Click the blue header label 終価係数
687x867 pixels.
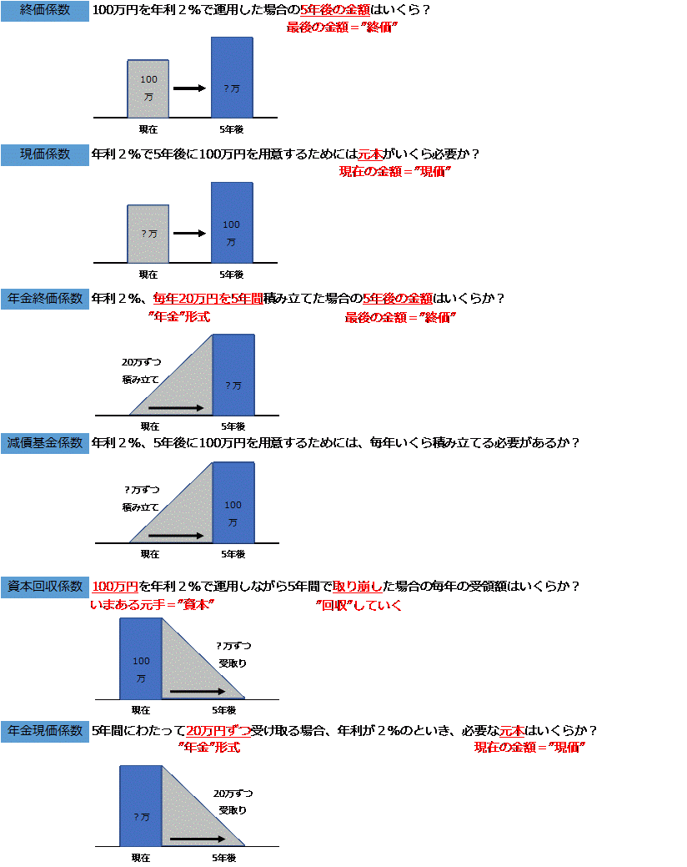45,11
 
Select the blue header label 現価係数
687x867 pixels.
45,154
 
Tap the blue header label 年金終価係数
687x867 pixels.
45,299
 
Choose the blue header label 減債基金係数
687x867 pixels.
45,443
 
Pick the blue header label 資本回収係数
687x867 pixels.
45,587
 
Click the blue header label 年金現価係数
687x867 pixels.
45,731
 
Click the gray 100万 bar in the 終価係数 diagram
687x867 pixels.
148,89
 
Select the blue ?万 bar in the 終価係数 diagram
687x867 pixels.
232,78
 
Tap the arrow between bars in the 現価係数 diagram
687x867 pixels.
189,234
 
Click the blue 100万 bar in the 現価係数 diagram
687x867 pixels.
232,223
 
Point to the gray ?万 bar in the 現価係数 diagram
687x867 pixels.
148,234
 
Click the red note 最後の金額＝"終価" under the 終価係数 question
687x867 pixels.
342,27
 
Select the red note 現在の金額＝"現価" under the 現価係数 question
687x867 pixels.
395,171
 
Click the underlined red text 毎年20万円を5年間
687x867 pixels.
208,299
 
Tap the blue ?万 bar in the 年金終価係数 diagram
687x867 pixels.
233,375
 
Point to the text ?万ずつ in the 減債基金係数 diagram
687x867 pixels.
142,490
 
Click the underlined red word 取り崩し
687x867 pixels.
358,586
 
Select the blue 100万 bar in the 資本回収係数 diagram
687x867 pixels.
141,659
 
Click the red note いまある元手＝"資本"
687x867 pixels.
152,605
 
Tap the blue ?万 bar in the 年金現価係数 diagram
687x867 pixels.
141,806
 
